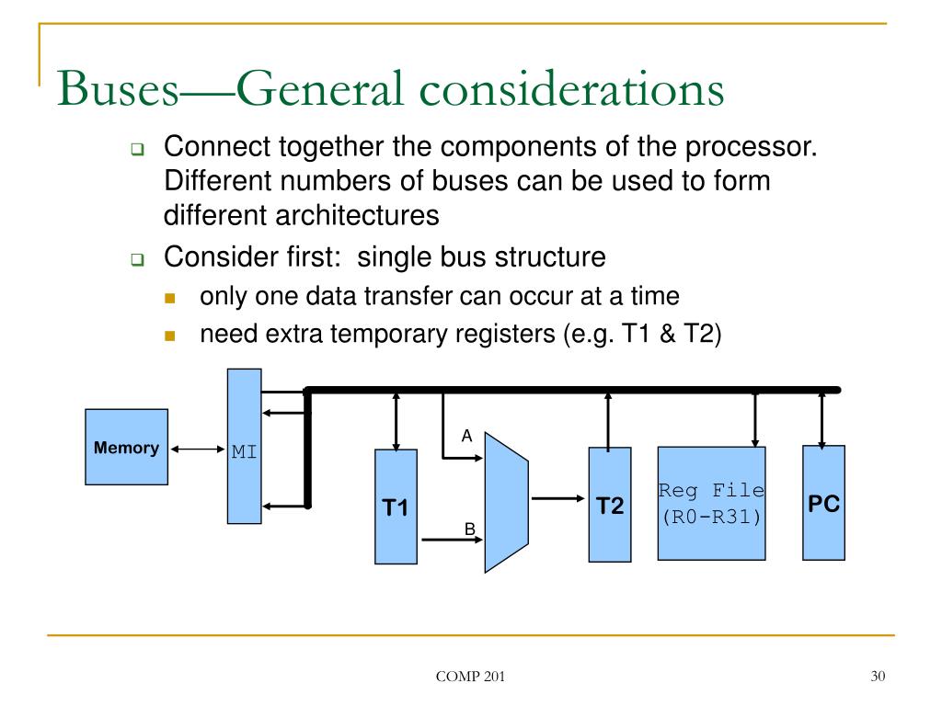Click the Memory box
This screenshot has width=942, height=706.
126,447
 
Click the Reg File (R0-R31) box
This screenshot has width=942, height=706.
711,503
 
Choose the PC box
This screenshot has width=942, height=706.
823,502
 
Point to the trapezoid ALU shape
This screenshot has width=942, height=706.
505,501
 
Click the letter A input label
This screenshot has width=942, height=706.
466,436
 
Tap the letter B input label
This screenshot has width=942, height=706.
468,529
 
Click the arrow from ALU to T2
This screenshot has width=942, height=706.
557,499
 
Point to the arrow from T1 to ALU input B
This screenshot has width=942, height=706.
450,541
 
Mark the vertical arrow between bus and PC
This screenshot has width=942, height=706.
822,418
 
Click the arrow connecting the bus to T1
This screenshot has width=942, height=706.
396,420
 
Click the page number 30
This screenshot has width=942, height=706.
877,678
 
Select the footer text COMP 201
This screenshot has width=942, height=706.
470,678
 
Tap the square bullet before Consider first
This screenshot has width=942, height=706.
137,261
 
